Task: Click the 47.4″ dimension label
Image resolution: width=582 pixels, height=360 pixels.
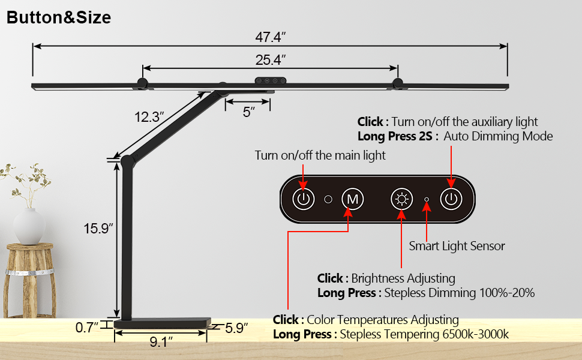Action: (270, 37)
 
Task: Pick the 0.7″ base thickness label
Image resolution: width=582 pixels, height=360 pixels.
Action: (87, 328)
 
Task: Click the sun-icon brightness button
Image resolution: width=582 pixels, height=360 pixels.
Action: (401, 199)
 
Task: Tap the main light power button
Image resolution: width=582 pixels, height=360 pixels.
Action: (304, 199)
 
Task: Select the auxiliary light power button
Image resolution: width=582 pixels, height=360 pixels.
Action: (451, 199)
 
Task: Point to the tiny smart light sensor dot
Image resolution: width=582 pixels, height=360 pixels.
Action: (426, 199)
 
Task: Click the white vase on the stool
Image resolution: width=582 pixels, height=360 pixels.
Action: (29, 226)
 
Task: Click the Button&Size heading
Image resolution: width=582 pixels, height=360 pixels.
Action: (59, 17)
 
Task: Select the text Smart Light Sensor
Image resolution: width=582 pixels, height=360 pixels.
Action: (457, 245)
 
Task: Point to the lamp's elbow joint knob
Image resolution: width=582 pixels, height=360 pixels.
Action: (127, 161)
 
